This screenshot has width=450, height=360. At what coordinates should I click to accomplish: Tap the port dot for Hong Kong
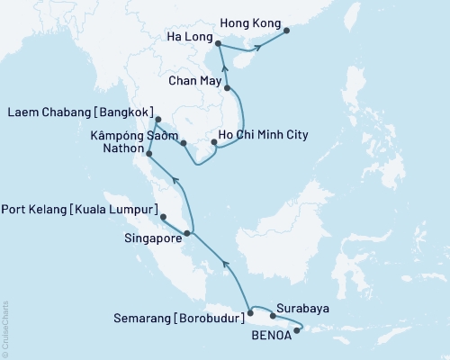pyautogui.click(x=287, y=31)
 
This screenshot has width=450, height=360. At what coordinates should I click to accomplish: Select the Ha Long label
pyautogui.click(x=192, y=38)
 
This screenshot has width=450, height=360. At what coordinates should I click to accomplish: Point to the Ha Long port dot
pyautogui.click(x=219, y=40)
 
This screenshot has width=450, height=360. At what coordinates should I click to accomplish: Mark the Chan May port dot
pyautogui.click(x=228, y=88)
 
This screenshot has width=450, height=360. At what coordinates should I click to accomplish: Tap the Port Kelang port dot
pyautogui.click(x=162, y=217)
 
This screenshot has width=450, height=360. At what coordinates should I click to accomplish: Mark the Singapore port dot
pyautogui.click(x=186, y=234)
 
